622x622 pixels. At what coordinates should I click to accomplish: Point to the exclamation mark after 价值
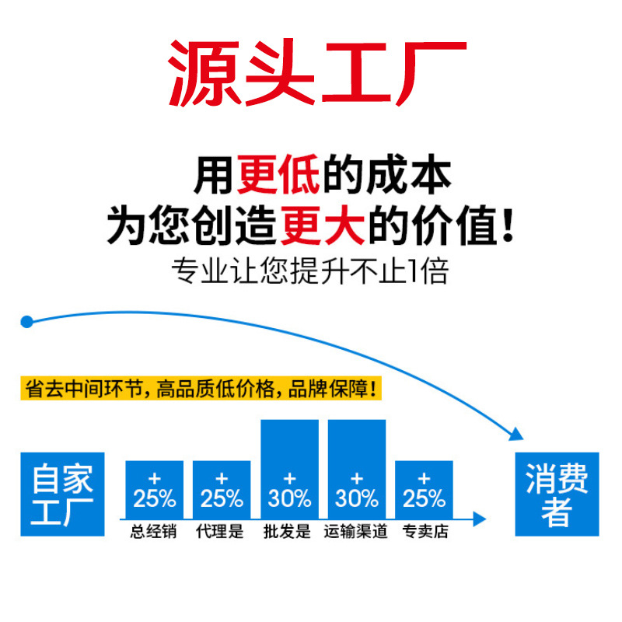point(508,224)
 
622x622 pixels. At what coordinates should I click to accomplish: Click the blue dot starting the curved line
point(27,321)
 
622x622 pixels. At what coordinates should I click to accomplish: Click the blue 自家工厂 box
point(62,494)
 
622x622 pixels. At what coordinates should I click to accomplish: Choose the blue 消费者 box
point(557,494)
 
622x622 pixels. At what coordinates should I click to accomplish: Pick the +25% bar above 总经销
point(154,490)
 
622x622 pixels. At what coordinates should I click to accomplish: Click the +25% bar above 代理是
point(222,490)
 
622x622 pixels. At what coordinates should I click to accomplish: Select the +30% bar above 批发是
point(289,470)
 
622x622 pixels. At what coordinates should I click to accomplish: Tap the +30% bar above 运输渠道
point(357,470)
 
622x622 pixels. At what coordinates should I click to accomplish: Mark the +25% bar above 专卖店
point(425,490)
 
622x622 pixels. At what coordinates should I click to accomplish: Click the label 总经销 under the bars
point(154,533)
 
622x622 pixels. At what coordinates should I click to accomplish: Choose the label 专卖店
point(425,533)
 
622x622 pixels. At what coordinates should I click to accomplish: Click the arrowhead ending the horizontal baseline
point(480,519)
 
